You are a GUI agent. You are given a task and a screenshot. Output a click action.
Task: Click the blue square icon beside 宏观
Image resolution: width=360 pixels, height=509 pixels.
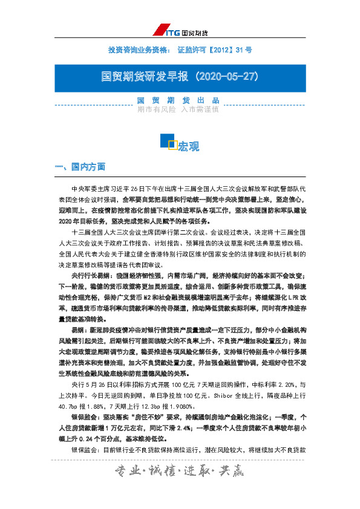point(168,141)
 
